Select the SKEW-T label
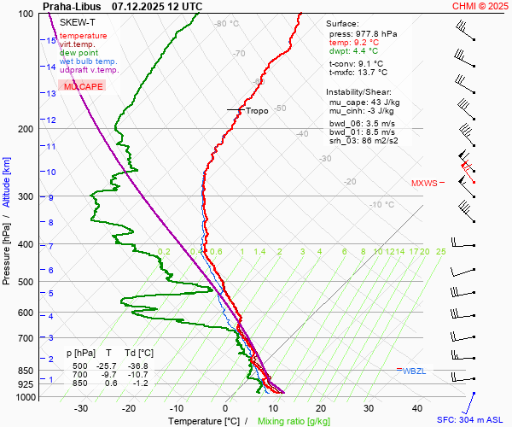pos(75,21)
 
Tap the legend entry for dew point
pos(79,53)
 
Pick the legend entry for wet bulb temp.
pos(89,61)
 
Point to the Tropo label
pos(257,110)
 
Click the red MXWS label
pos(424,183)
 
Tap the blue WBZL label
pos(415,371)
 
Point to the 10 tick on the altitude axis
pos(51,173)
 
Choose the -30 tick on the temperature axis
pos(81,408)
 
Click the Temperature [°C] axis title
pos(203,421)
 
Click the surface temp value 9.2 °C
pos(366,42)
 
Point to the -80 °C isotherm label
pos(227,24)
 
